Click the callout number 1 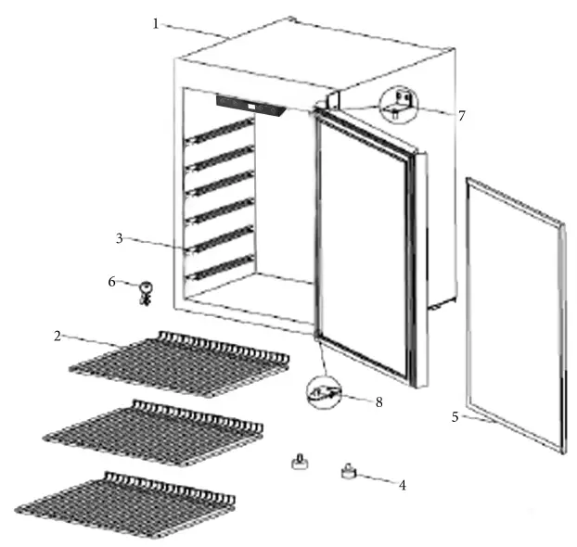click(x=156, y=23)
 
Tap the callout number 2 click(x=58, y=335)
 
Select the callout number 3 click(x=120, y=238)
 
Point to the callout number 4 click(x=402, y=484)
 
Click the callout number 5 click(x=455, y=417)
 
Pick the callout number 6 click(x=112, y=281)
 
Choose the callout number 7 click(x=461, y=116)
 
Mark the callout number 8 click(x=378, y=401)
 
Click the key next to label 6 click(x=145, y=292)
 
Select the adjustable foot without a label click(x=300, y=461)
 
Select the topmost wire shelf click(x=181, y=363)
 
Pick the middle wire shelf click(x=154, y=433)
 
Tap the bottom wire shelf click(x=125, y=505)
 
